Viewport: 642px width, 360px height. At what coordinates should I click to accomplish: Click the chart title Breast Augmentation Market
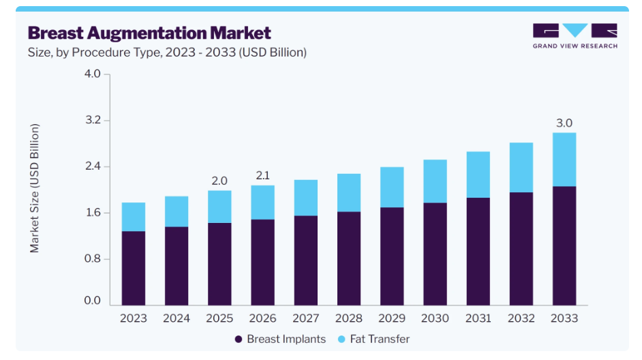(149, 33)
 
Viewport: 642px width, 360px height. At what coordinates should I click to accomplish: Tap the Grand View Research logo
(575, 36)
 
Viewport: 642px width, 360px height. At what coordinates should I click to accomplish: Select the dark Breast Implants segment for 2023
(134, 268)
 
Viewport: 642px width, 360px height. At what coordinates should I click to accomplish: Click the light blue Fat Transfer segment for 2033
(564, 160)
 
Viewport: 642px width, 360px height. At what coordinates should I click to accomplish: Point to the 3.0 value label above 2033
(564, 123)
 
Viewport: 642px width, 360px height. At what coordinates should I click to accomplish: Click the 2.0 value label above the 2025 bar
(219, 181)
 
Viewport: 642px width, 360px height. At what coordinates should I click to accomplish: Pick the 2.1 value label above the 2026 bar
(263, 175)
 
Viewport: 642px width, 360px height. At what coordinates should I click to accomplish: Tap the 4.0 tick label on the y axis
(93, 74)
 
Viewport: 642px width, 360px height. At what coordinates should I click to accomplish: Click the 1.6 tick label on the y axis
(93, 212)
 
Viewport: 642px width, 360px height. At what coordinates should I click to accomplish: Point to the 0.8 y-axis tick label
(93, 258)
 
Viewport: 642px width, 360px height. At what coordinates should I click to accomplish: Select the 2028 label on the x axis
(349, 318)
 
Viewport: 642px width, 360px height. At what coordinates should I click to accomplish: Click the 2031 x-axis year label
(478, 318)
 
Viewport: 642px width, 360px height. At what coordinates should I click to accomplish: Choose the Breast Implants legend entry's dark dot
(239, 339)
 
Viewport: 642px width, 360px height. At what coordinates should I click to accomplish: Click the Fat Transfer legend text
(380, 339)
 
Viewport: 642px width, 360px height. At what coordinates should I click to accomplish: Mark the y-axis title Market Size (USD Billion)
(34, 188)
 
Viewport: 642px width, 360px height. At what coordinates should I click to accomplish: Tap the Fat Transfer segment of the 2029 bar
(392, 187)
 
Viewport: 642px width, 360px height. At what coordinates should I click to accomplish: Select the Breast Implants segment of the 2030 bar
(435, 254)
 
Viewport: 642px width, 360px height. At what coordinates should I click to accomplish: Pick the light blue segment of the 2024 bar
(177, 211)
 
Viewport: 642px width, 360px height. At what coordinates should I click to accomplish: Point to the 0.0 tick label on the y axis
(93, 300)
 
